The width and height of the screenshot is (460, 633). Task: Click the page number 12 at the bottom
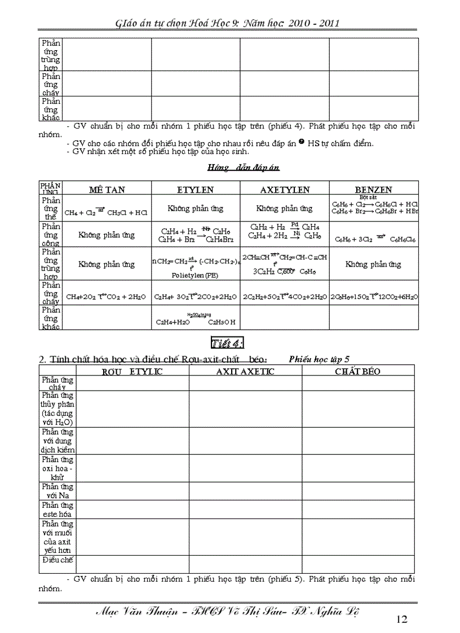coord(401,619)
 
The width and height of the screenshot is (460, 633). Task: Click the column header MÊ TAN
coord(107,189)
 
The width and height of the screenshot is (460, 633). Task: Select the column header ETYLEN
coord(196,189)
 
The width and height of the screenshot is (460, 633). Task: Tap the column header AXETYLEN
coord(285,189)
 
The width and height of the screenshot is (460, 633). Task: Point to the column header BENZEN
coord(373,190)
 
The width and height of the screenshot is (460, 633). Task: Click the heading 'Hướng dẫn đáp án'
coord(243,167)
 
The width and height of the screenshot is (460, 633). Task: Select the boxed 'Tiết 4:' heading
coord(227,343)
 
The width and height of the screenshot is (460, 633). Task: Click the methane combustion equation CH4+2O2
coord(107,296)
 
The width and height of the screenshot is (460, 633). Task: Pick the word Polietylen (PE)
coord(195,276)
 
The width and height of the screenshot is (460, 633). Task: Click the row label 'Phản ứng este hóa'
coord(57,510)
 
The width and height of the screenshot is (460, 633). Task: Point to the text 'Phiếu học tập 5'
coord(319,358)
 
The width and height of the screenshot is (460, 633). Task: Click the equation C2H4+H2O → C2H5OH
coord(196,322)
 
